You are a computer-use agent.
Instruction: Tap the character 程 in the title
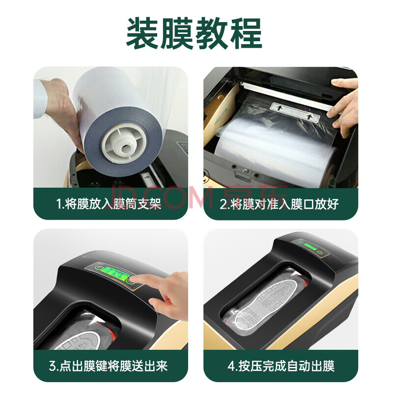pos(246,33)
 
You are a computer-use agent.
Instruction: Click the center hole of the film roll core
pos(125,148)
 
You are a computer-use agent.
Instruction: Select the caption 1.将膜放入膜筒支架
pos(108,204)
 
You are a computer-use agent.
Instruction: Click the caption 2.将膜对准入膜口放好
pos(279,204)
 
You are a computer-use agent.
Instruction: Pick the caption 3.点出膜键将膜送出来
pos(108,366)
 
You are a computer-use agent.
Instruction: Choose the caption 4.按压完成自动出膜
pos(281,366)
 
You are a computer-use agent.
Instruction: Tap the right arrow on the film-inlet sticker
pos(310,116)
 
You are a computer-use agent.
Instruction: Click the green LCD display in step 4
pos(310,247)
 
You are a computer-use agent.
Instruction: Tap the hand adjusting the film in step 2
pos(344,107)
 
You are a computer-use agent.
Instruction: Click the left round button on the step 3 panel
pos(97,267)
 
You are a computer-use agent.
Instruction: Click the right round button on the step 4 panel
pos(320,252)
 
